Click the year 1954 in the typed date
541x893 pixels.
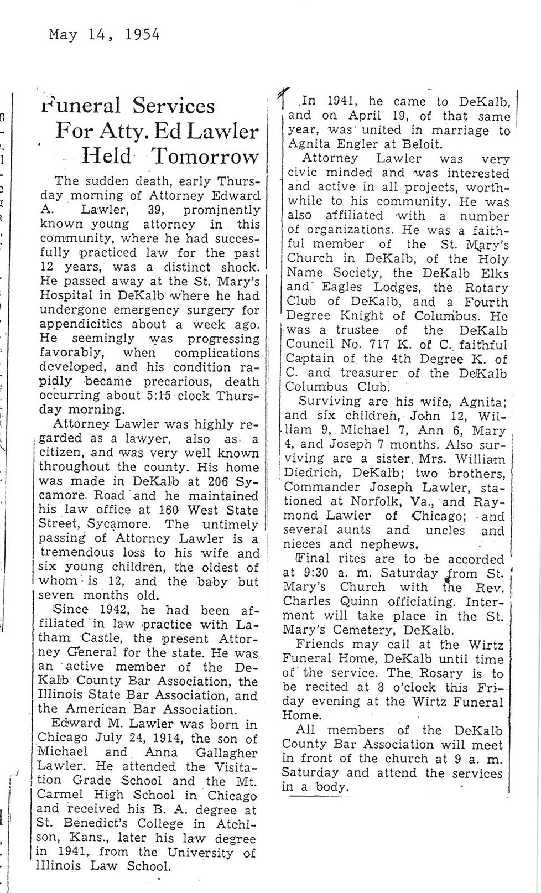pyautogui.click(x=143, y=35)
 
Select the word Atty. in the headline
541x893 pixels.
pyautogui.click(x=115, y=132)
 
